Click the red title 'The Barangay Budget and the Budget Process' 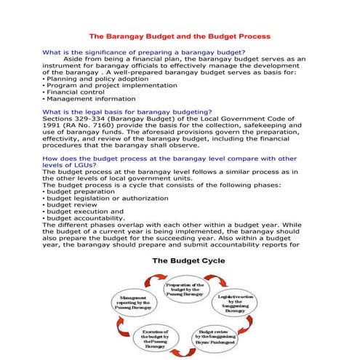180,35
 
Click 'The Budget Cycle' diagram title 183,260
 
